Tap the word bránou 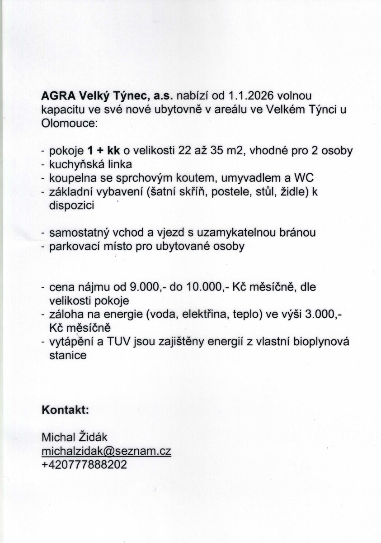point(296,233)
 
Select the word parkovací point(70,246)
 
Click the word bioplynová point(324,342)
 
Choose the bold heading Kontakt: point(65,410)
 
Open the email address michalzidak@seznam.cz point(106,451)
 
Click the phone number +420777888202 point(84,465)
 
